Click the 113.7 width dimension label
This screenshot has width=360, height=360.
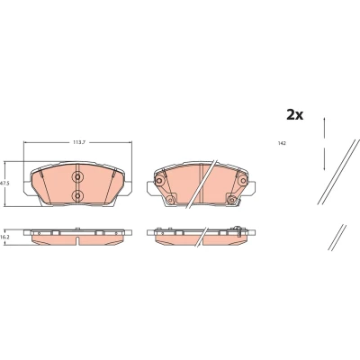[77, 143]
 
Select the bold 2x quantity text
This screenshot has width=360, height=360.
[295, 115]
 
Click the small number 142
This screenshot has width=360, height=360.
[282, 143]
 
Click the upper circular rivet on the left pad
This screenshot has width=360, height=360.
[77, 177]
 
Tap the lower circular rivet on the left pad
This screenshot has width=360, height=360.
[77, 196]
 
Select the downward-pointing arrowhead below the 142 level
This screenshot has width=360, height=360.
[324, 166]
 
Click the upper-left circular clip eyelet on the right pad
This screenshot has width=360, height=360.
[159, 181]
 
